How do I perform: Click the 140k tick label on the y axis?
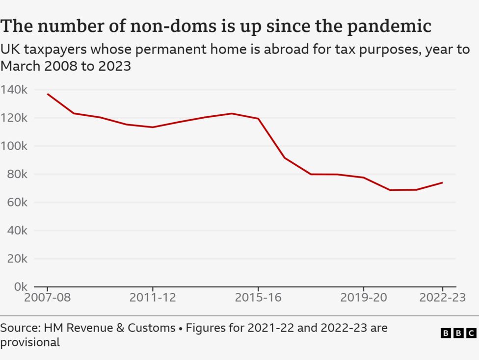tap(14, 90)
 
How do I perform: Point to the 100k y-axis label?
tap(14, 146)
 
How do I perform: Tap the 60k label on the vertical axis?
tap(17, 202)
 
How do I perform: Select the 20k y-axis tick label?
tap(17, 258)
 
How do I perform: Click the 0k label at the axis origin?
tap(20, 286)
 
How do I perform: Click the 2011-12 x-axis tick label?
tap(153, 298)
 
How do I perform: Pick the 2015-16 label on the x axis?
tap(258, 298)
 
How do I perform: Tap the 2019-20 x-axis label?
tap(364, 298)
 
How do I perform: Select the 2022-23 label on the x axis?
tap(442, 298)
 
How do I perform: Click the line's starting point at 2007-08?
tap(48, 94)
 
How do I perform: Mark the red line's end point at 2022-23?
tap(442, 183)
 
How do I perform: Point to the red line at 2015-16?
tap(258, 119)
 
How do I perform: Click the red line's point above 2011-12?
tap(153, 127)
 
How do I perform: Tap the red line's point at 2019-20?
tap(364, 178)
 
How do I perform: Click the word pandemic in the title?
tap(389, 26)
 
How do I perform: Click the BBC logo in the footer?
tap(458, 333)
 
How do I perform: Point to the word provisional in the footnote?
tap(30, 342)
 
